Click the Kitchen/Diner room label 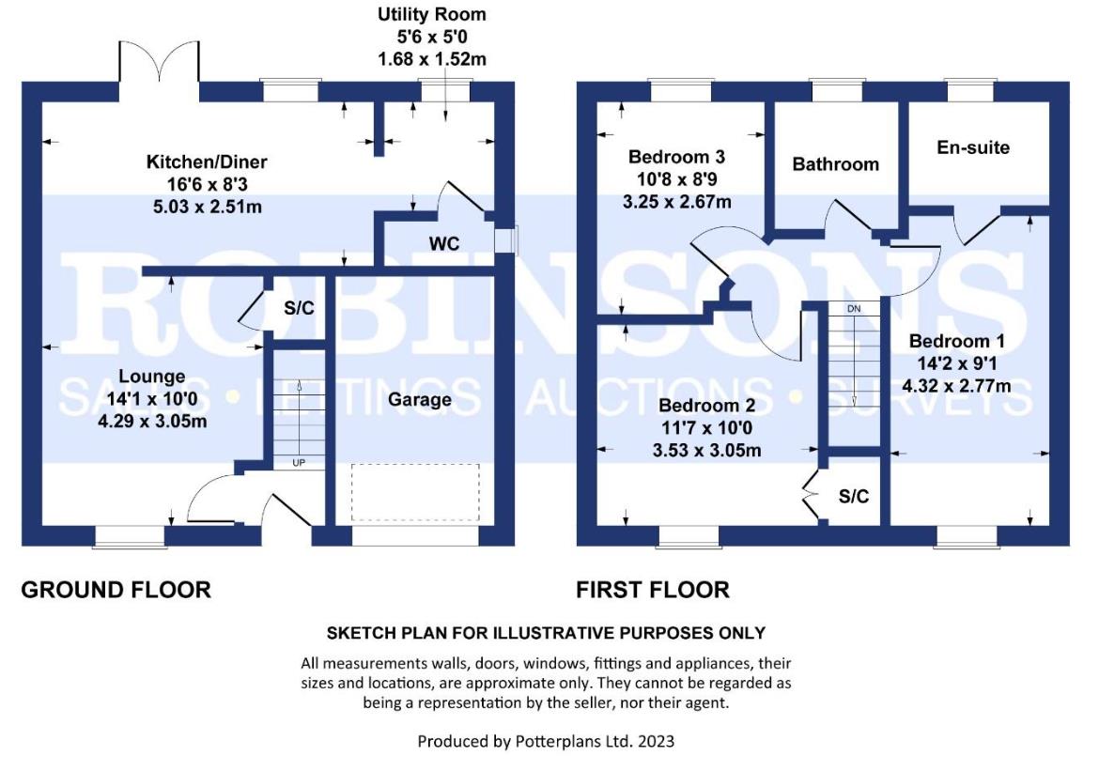[x=207, y=162]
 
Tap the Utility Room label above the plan [x=432, y=14]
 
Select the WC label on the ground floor [x=444, y=244]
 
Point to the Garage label [x=420, y=399]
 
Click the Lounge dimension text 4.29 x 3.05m [x=152, y=422]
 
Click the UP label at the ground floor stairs [x=299, y=463]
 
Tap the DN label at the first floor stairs [x=854, y=308]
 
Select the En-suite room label [x=973, y=147]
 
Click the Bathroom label [x=835, y=164]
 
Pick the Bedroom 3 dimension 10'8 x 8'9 [x=677, y=179]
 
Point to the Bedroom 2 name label [x=707, y=405]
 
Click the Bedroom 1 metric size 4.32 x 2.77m [x=957, y=385]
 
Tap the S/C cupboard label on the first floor [x=854, y=496]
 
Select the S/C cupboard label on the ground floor [x=300, y=308]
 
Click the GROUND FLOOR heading [x=116, y=590]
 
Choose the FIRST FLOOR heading [x=653, y=590]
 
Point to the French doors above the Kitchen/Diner [x=159, y=62]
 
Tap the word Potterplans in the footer [x=558, y=741]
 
